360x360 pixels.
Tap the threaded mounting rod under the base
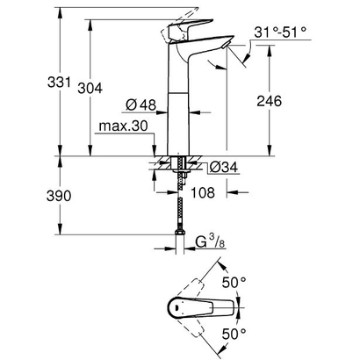click(x=182, y=176)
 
